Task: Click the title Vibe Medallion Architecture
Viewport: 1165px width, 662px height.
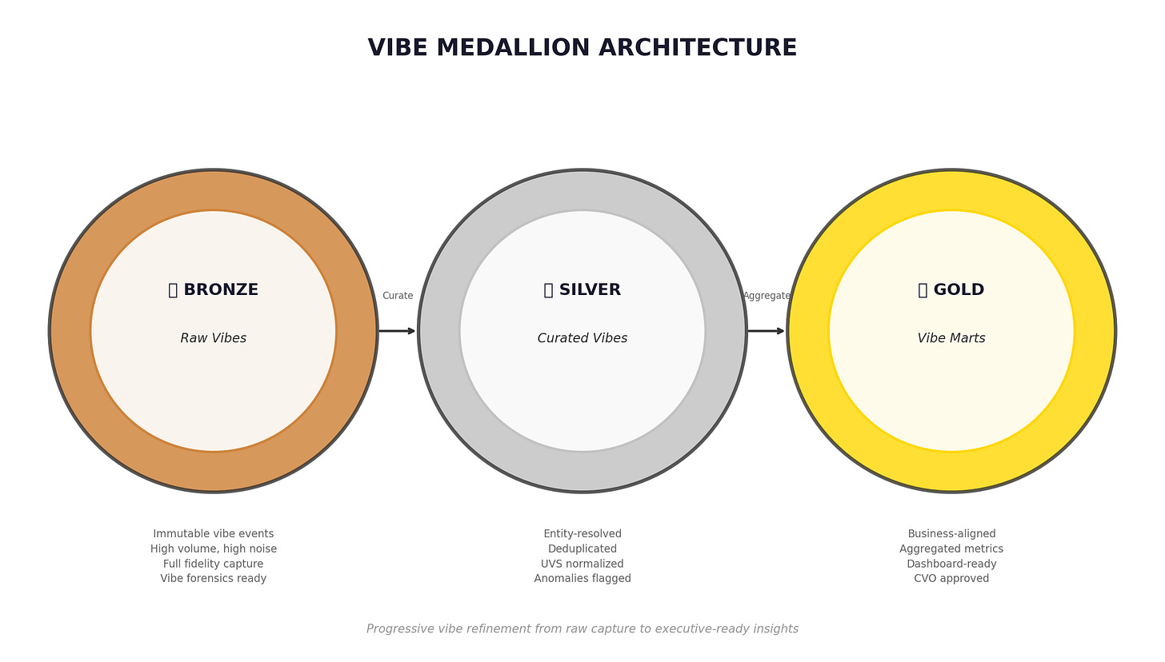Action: coord(582,48)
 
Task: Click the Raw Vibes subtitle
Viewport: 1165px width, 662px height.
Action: coord(214,338)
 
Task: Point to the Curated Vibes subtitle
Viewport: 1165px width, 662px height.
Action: coord(582,338)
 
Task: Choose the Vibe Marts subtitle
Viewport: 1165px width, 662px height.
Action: coord(951,338)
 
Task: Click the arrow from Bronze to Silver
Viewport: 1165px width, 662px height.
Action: coord(397,331)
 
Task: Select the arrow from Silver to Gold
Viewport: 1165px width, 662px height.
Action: coord(766,331)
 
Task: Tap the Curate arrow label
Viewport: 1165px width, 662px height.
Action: coord(398,296)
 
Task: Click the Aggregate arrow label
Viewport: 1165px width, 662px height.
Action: coord(767,296)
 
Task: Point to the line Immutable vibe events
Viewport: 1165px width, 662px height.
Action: coord(214,534)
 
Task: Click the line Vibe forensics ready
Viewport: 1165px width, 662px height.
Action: coord(214,579)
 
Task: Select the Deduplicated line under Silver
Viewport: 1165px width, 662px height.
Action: coord(582,549)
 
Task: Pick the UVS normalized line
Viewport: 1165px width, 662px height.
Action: coord(582,564)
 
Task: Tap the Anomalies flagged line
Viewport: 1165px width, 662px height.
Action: coord(582,579)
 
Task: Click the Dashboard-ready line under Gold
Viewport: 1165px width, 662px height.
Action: coord(951,564)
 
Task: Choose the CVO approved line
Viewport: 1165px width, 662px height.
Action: coord(951,579)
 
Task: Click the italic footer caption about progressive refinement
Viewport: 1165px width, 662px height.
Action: coord(582,629)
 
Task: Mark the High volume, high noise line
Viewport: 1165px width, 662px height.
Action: coord(214,549)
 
